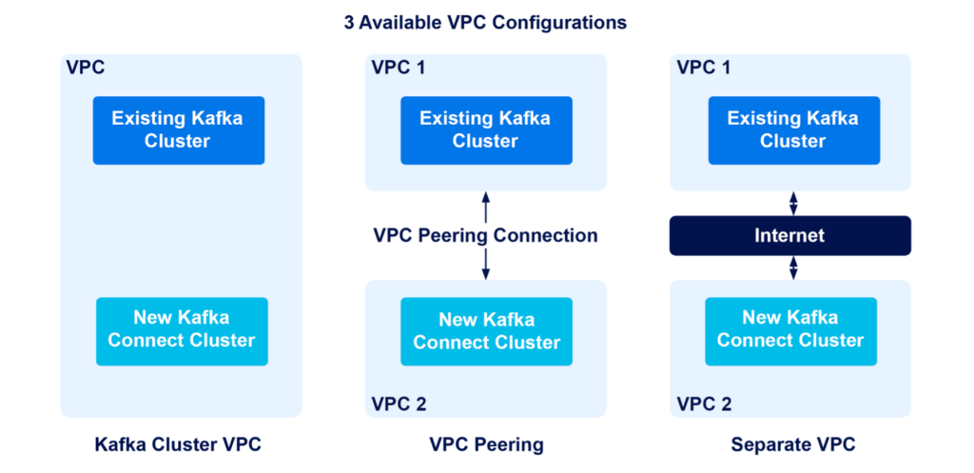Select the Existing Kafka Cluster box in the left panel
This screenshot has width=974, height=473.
click(178, 130)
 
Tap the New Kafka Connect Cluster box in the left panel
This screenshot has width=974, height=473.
click(182, 330)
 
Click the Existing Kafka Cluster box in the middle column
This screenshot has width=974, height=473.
click(485, 130)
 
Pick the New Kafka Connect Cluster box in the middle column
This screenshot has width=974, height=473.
click(486, 331)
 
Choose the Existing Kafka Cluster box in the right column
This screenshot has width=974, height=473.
click(792, 130)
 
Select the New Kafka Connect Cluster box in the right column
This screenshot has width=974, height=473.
click(790, 330)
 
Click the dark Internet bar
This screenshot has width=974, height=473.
click(789, 235)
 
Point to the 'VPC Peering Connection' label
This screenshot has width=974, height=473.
click(485, 235)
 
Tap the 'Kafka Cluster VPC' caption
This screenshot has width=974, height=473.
click(178, 444)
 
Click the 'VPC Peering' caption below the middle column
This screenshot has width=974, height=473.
click(486, 444)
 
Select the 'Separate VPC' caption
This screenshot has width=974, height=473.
click(792, 444)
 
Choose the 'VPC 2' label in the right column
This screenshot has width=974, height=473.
click(704, 404)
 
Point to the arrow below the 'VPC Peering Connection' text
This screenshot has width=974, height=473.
click(486, 264)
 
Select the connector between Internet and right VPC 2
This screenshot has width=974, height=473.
click(792, 267)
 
